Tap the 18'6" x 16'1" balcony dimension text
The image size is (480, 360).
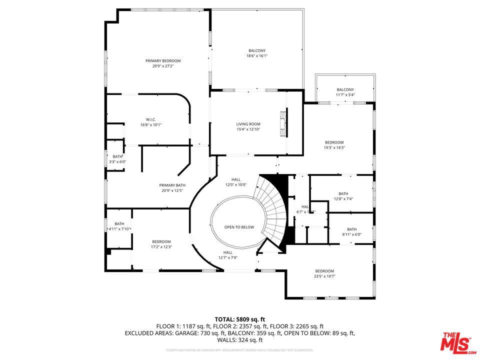[257, 56]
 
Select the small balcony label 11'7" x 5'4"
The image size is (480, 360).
[345, 94]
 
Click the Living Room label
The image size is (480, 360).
[248, 124]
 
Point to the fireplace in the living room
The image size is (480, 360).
[283, 122]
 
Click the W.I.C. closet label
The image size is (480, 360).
[151, 119]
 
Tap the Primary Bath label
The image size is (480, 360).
[172, 185]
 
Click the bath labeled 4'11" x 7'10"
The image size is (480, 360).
[119, 228]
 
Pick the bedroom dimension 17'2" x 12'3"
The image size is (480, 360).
[161, 246]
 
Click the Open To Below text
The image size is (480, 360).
[239, 227]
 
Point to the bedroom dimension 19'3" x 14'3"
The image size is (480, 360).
[334, 147]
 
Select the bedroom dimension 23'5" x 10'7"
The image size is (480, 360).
[324, 276]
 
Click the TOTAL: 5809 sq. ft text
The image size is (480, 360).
[239, 318]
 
